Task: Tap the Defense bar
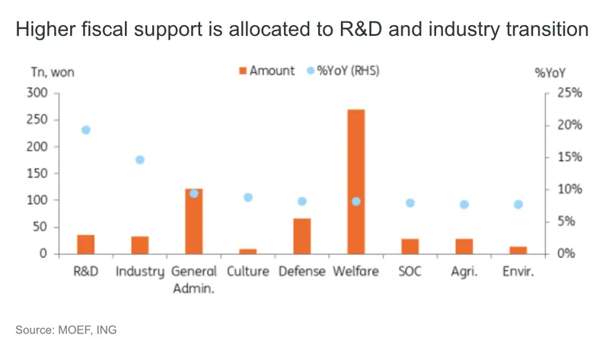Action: (301, 235)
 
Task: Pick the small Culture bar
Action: (248, 250)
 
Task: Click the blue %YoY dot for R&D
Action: (86, 130)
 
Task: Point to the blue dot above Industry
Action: (140, 160)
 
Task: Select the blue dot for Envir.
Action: (518, 204)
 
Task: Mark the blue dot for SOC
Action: (410, 203)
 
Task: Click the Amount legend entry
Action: (266, 71)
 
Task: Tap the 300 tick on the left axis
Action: (38, 93)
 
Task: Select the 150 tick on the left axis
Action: (38, 174)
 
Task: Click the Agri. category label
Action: (464, 272)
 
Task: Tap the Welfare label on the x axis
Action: (356, 272)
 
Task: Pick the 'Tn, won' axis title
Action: (52, 73)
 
